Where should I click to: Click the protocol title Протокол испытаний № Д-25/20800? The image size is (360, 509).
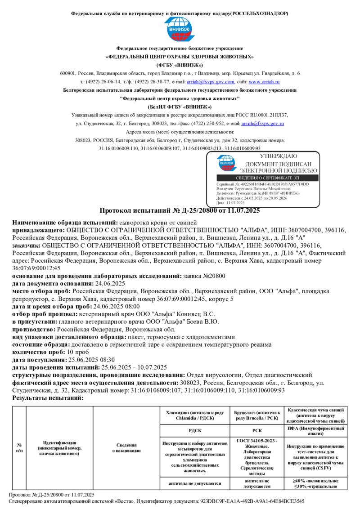179,210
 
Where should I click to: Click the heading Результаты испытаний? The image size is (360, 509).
48,398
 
